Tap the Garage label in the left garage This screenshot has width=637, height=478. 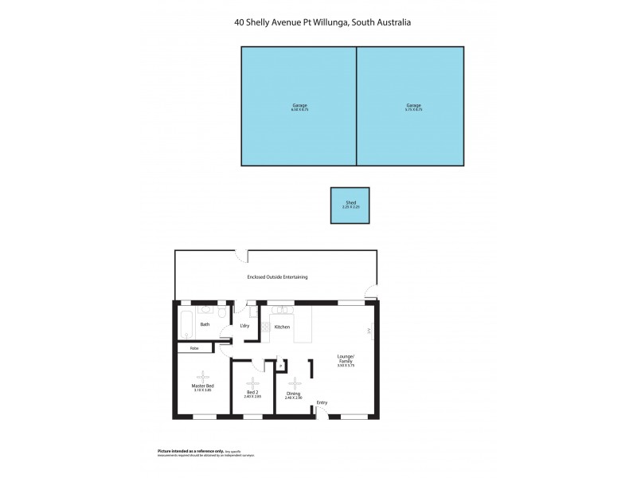299,105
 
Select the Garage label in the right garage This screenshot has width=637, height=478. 413,105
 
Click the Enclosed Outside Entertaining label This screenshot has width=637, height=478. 277,277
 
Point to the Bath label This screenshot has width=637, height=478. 205,324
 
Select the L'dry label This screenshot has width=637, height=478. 245,327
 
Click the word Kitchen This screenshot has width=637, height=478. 282,327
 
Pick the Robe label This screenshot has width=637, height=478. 193,348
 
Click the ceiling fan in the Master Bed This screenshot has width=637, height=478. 202,376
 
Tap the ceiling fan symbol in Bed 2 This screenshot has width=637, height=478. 252,383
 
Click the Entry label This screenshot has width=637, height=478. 322,402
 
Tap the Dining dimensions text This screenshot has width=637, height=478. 292,397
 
